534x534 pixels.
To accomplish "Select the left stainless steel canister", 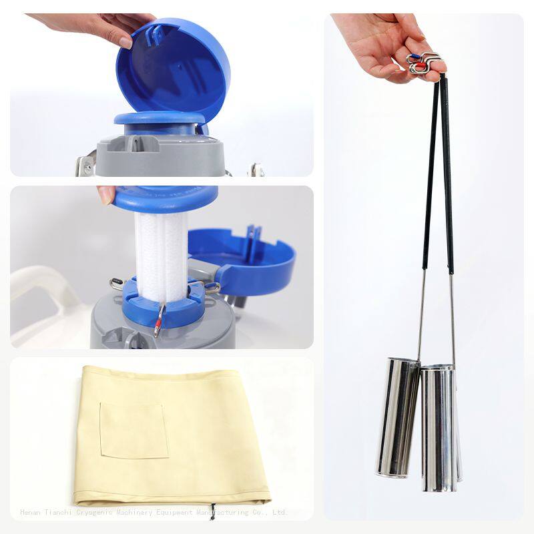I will point(397,417).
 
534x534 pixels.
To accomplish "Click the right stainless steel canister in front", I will point(439,427).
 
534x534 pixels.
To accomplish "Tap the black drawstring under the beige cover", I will point(212,511).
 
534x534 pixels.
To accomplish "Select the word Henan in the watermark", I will point(31,513).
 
